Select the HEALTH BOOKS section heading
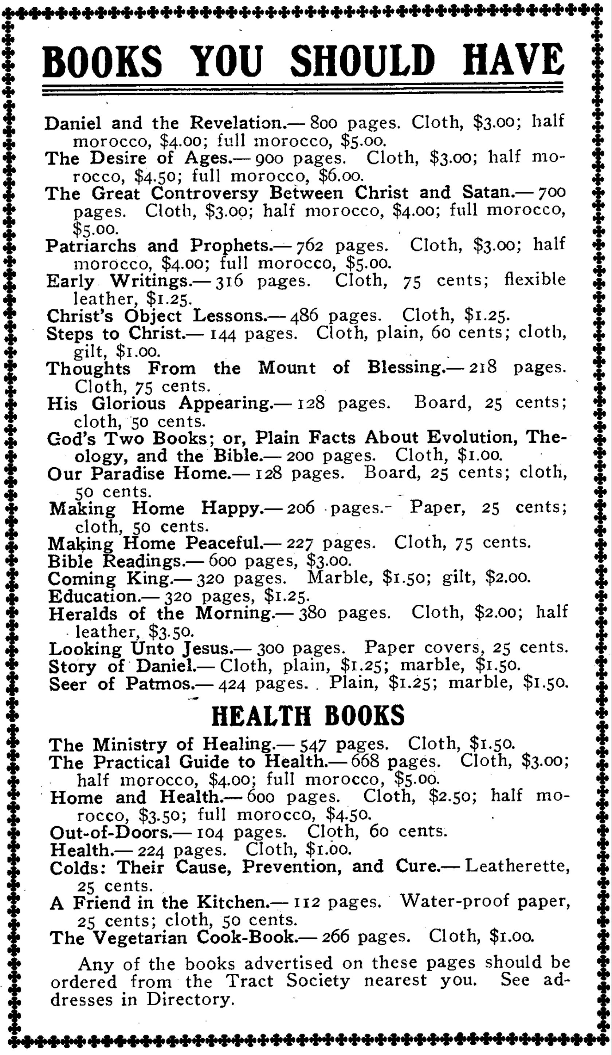(308, 715)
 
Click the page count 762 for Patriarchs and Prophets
(310, 246)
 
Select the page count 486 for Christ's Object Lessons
(304, 316)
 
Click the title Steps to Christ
(115, 334)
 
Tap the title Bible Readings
(115, 561)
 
